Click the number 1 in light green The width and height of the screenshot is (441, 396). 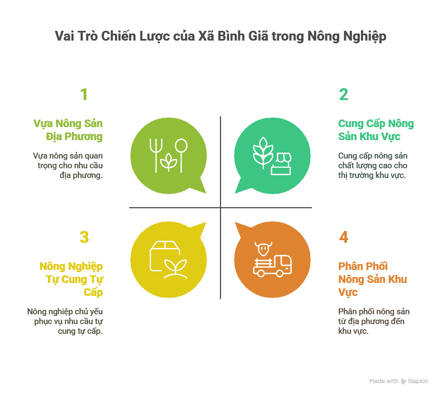(x=84, y=94)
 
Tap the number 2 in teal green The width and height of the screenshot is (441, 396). (x=343, y=94)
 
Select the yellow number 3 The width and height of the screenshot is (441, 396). (x=84, y=237)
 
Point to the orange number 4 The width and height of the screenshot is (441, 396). (x=343, y=237)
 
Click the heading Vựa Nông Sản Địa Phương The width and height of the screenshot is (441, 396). (x=68, y=130)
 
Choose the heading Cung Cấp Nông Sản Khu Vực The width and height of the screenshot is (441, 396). (x=376, y=130)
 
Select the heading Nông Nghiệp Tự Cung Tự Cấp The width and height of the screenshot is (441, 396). (x=71, y=279)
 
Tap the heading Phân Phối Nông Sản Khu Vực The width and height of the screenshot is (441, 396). (x=373, y=279)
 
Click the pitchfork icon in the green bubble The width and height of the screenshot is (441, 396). (x=156, y=155)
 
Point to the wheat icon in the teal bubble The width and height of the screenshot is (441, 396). (x=263, y=153)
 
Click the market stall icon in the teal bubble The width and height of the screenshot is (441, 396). (x=281, y=164)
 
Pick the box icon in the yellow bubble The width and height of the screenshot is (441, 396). (x=164, y=256)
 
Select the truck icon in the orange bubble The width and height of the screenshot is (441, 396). (x=272, y=266)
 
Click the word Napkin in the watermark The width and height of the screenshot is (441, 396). (x=418, y=381)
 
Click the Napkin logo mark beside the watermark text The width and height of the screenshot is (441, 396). (x=404, y=381)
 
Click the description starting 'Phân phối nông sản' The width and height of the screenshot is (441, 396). (x=374, y=321)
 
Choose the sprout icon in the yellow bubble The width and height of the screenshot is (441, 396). (x=176, y=269)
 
